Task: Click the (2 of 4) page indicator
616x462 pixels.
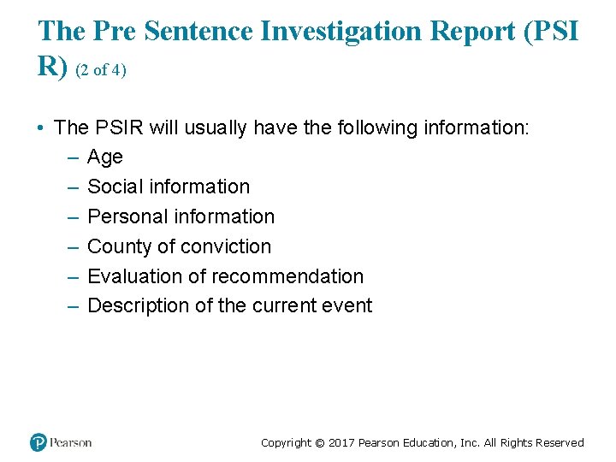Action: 101,71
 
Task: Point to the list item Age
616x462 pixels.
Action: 105,157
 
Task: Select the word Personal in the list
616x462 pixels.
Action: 125,216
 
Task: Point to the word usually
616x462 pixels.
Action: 216,127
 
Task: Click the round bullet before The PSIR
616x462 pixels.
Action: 41,128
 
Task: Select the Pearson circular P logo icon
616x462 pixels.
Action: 38,442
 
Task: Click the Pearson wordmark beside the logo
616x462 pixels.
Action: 70,442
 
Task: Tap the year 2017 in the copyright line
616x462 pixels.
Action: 341,442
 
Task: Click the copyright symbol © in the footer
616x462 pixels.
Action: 319,442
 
